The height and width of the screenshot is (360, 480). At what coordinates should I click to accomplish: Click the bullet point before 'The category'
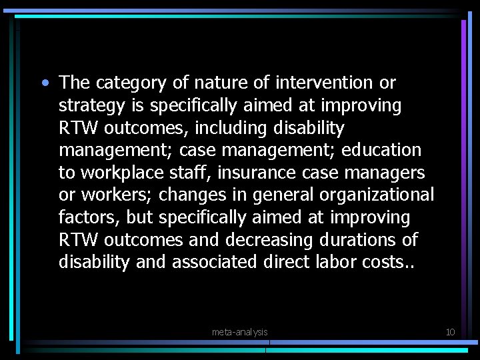pos(44,83)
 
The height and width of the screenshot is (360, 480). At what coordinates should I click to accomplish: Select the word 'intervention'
pos(317,83)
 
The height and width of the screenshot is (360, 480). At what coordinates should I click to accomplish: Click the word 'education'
pos(381,150)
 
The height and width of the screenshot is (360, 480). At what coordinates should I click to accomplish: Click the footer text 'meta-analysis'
pos(239,331)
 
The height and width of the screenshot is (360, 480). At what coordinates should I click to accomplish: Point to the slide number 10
pos(450,331)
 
